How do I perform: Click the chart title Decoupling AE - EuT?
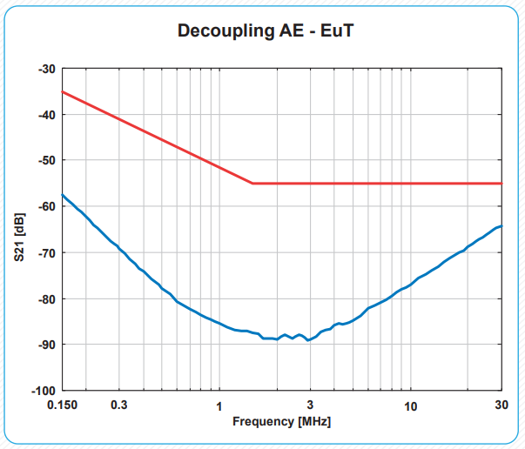point(266,31)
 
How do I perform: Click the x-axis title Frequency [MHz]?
point(281,421)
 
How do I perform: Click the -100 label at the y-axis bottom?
point(44,391)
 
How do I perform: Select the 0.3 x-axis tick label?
point(119,405)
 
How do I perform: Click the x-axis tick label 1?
point(219,405)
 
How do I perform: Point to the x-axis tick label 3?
point(310,405)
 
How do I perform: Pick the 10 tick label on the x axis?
point(410,405)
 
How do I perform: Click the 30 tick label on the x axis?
point(501,405)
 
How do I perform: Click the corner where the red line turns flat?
point(252,184)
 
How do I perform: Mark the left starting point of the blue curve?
point(62,194)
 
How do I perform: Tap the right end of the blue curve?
point(501,226)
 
